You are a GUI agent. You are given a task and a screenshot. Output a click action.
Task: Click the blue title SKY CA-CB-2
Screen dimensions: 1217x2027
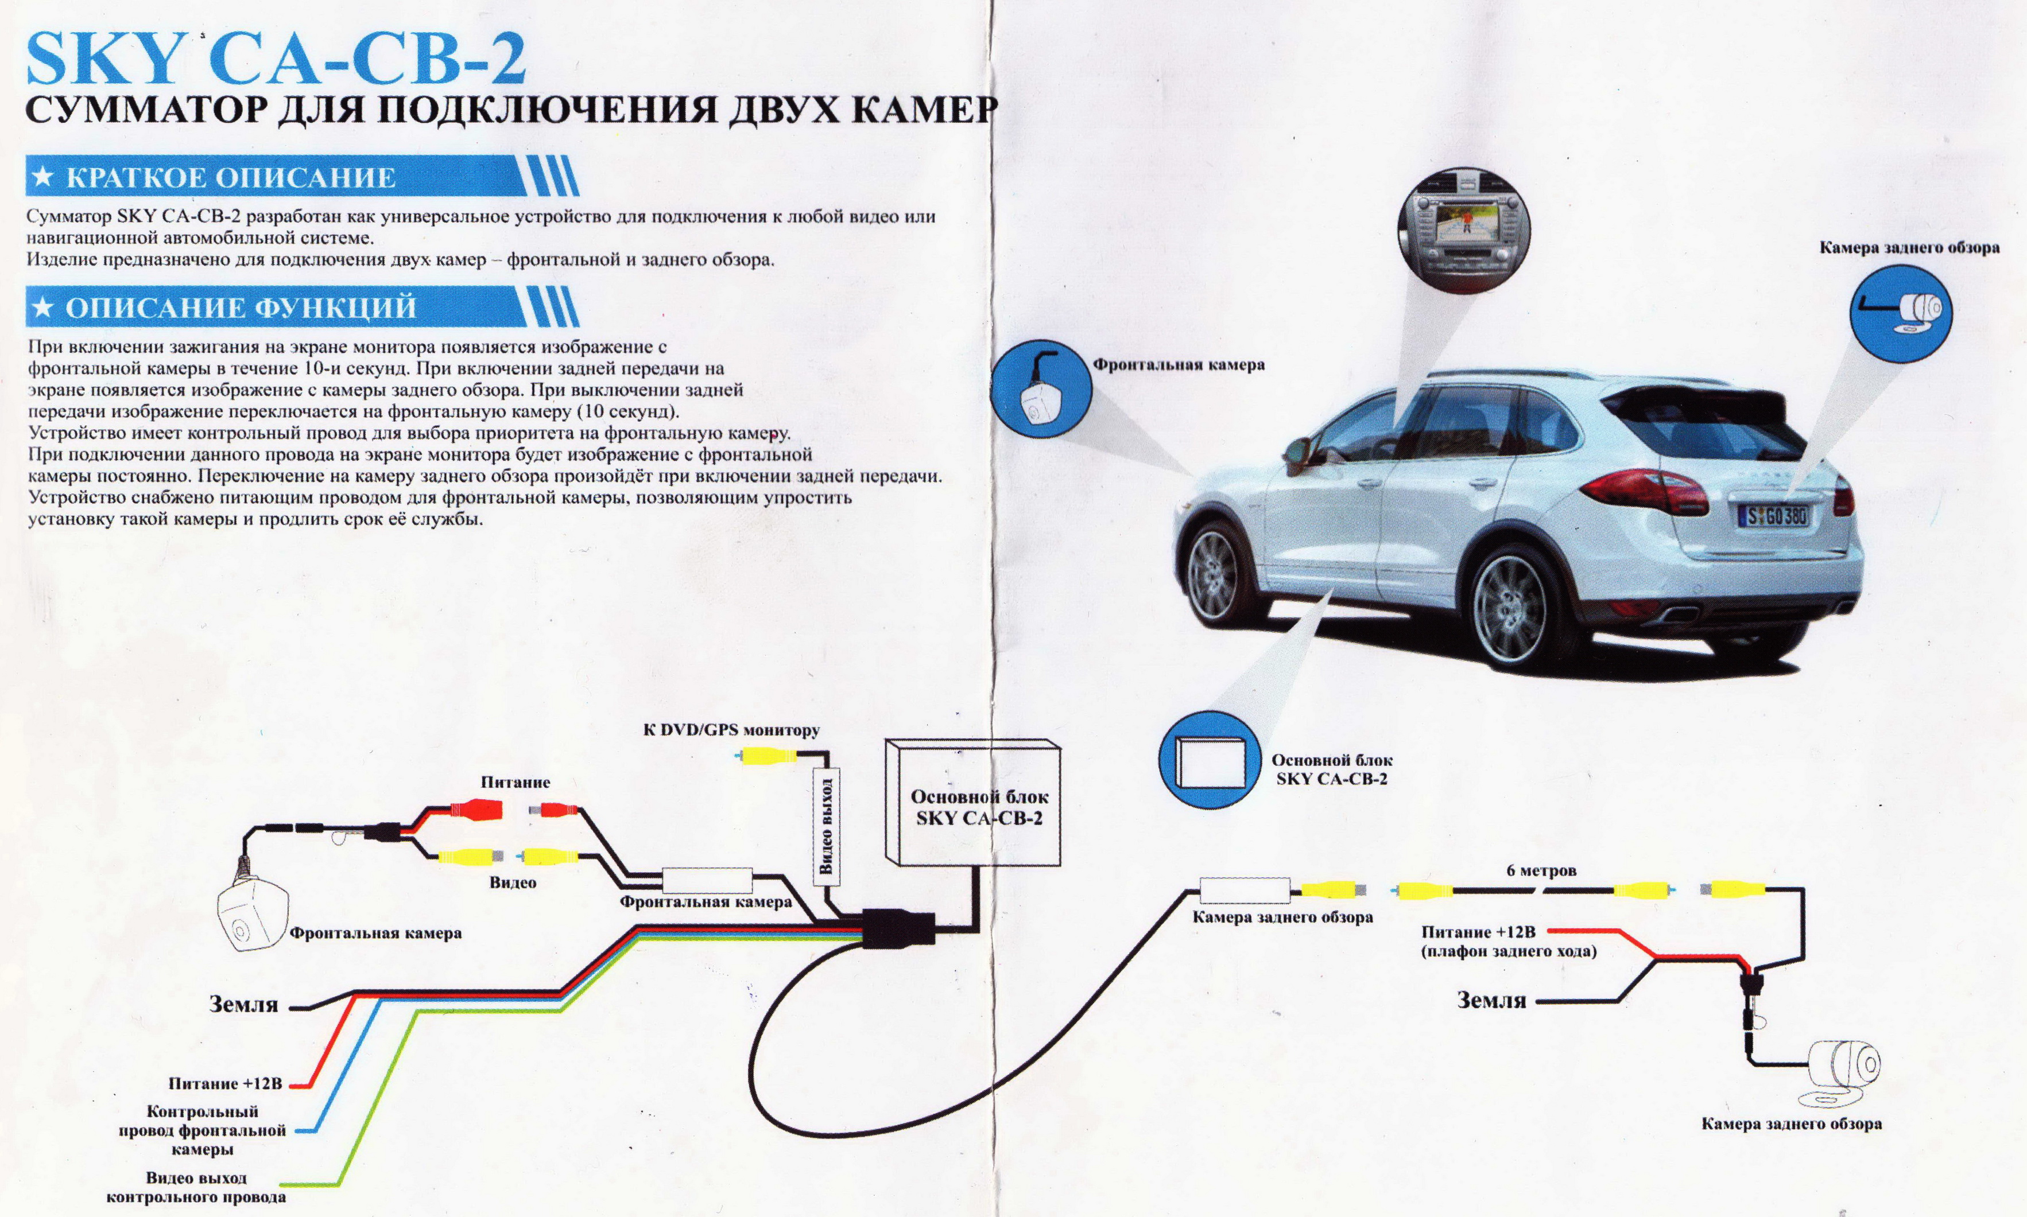[x=276, y=59]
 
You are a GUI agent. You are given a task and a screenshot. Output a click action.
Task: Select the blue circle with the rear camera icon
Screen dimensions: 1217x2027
[x=1901, y=313]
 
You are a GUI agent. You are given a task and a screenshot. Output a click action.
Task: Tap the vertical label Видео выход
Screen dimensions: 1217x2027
[x=827, y=826]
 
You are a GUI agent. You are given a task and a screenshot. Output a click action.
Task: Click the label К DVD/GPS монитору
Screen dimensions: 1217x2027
[x=731, y=730]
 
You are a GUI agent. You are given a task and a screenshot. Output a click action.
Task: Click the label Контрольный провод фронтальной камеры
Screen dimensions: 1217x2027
[x=202, y=1130]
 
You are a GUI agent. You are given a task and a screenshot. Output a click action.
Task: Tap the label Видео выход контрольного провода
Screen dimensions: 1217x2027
[x=196, y=1187]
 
